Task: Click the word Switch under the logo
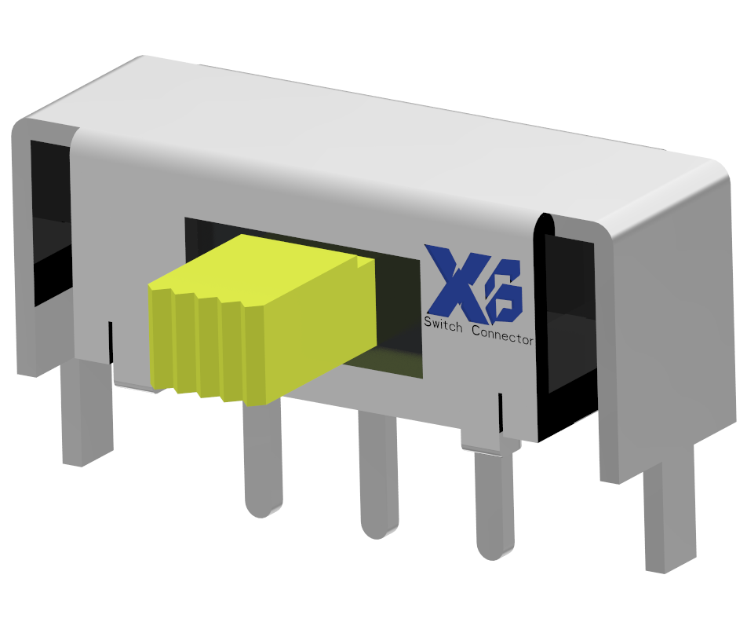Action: point(444,323)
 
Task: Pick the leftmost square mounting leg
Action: point(85,416)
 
